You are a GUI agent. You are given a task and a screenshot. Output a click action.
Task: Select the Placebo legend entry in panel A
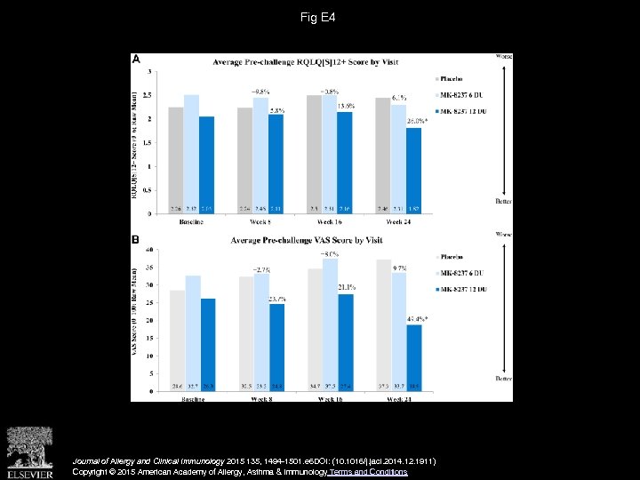pyautogui.click(x=452, y=77)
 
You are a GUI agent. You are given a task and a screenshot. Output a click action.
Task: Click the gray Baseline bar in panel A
pyautogui.click(x=176, y=161)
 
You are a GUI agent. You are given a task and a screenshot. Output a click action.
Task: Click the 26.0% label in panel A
pyautogui.click(x=417, y=120)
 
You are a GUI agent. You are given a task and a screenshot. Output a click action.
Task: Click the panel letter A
pyautogui.click(x=137, y=60)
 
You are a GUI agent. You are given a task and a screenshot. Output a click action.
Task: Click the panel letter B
pyautogui.click(x=137, y=239)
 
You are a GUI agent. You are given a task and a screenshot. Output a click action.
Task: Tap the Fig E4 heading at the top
pyautogui.click(x=319, y=17)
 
